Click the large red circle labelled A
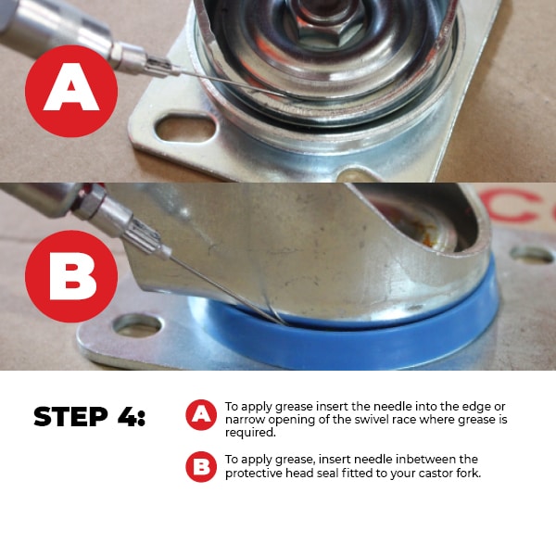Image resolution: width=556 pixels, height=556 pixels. [x=71, y=91]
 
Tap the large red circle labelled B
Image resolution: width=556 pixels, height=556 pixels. [x=71, y=276]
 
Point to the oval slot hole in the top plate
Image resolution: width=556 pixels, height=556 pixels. [x=186, y=129]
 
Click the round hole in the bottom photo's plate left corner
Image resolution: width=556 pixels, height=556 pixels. [x=137, y=325]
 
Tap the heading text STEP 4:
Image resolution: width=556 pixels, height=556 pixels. [x=89, y=416]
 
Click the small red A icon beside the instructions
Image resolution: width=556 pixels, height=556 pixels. [x=201, y=415]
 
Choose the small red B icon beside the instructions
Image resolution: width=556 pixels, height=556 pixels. [x=201, y=467]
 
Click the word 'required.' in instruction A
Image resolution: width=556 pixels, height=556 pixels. [x=250, y=433]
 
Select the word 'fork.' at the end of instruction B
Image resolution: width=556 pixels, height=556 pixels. [x=469, y=473]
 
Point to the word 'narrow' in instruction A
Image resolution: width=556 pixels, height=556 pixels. [x=245, y=420]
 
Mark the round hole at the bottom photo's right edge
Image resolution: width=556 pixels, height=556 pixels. [x=532, y=255]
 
